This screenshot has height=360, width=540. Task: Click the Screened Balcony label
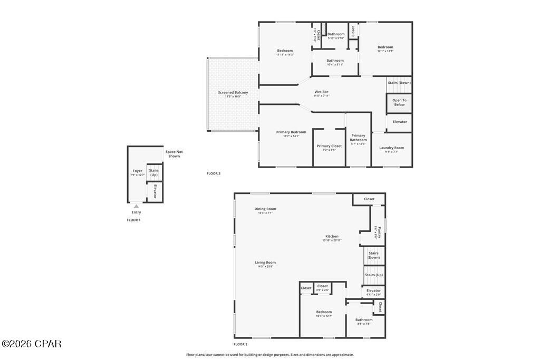point(233,93)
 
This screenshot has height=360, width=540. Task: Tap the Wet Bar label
point(321,92)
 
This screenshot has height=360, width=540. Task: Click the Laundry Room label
point(391,148)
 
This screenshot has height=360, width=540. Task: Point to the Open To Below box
point(399,102)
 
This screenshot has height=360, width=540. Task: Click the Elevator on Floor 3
point(400,122)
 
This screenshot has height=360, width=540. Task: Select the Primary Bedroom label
point(291,132)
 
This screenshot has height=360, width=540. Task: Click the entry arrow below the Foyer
point(137,206)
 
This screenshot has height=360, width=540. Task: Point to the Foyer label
point(137,171)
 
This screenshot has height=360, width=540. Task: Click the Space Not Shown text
point(174,154)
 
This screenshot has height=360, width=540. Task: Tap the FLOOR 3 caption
point(214,173)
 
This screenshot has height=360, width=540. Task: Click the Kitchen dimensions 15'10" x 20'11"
point(332,240)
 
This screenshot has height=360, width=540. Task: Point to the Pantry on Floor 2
point(377,232)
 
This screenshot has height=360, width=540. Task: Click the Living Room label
point(265,262)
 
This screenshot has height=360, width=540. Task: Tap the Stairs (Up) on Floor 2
point(374,275)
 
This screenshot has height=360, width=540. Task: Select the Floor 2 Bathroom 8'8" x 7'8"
point(363,320)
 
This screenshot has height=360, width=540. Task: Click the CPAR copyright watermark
point(31,344)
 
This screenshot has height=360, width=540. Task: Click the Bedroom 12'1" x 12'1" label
point(385,47)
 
